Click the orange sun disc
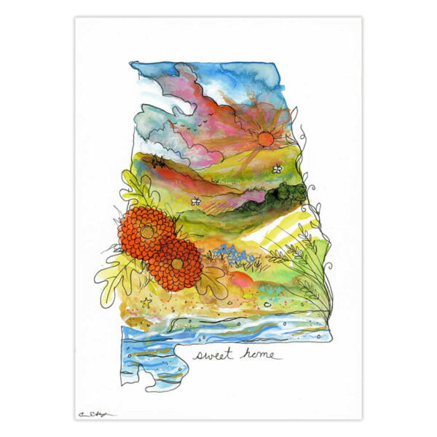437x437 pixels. [x=264, y=138]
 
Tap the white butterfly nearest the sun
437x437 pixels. [x=277, y=168]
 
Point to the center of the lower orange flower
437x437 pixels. [x=177, y=264]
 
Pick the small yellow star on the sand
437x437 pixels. [x=146, y=300]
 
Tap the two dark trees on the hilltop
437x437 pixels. [x=157, y=162]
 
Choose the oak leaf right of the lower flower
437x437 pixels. [x=213, y=280]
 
